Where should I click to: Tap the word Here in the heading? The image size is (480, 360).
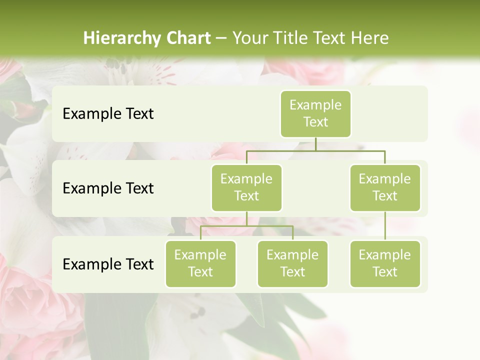click(x=368, y=38)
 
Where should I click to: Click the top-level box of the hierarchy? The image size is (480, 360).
click(x=315, y=113)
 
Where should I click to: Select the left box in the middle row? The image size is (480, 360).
click(x=246, y=187)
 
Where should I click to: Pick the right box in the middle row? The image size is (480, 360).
click(x=385, y=187)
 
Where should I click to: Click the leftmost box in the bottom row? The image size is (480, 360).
click(x=200, y=263)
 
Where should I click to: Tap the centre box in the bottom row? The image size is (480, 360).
click(x=292, y=263)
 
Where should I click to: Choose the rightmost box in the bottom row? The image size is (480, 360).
click(x=385, y=263)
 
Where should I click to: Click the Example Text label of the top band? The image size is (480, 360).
click(x=108, y=114)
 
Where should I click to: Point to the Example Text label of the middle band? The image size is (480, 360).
click(x=108, y=188)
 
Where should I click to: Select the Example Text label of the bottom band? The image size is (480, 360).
click(x=108, y=264)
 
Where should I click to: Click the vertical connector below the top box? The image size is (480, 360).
click(x=315, y=144)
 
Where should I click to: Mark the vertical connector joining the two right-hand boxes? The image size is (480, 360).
click(x=385, y=226)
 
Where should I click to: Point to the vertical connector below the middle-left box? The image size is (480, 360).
click(x=246, y=218)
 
